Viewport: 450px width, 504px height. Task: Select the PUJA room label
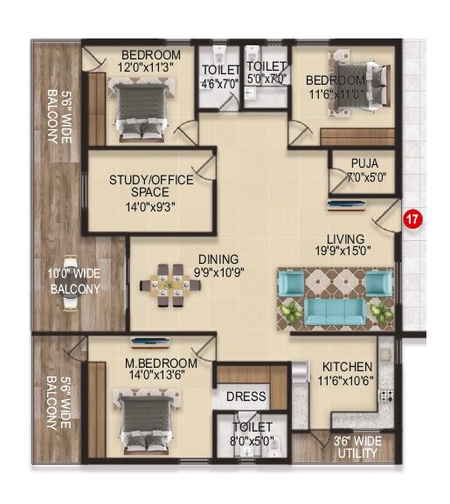click(x=364, y=163)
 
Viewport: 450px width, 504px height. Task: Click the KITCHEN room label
click(x=347, y=366)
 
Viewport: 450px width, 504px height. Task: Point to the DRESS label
click(x=246, y=397)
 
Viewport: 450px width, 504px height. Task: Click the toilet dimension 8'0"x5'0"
click(x=252, y=441)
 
